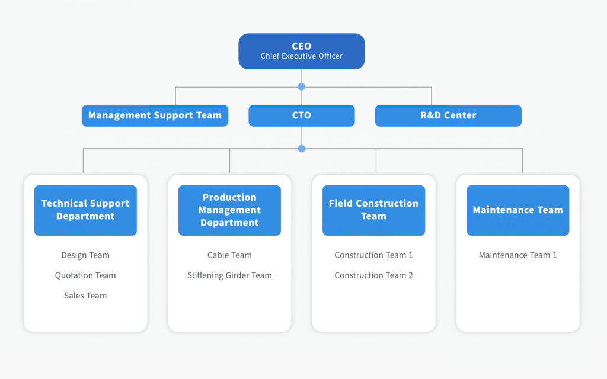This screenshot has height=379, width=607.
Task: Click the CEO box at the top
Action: tap(302, 51)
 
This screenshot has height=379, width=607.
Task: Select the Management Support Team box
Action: tap(155, 115)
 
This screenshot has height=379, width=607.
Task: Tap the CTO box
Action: tap(302, 115)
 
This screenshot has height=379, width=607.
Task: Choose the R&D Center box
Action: tap(448, 115)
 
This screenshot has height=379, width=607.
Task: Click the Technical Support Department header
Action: tap(85, 210)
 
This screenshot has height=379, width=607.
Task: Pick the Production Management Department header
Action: tap(229, 210)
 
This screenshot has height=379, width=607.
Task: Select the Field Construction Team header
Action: tap(373, 210)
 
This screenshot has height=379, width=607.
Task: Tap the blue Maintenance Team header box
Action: tap(518, 210)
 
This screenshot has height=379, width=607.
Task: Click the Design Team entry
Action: tap(85, 255)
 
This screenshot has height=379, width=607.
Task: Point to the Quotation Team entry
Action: tap(85, 275)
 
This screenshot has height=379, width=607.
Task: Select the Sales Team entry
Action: tap(85, 296)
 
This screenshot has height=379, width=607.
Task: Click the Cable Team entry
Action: tap(229, 255)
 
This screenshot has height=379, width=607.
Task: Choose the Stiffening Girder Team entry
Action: tap(229, 275)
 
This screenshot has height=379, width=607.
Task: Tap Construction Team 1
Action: tap(373, 255)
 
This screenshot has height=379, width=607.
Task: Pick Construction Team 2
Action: tap(373, 275)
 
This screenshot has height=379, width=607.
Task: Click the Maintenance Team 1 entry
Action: tap(518, 255)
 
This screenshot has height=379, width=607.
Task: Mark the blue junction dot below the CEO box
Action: tap(302, 87)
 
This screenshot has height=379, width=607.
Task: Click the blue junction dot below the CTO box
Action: tap(302, 149)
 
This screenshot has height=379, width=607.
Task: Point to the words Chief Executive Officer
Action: tap(302, 56)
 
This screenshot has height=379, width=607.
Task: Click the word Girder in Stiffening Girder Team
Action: tap(237, 275)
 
